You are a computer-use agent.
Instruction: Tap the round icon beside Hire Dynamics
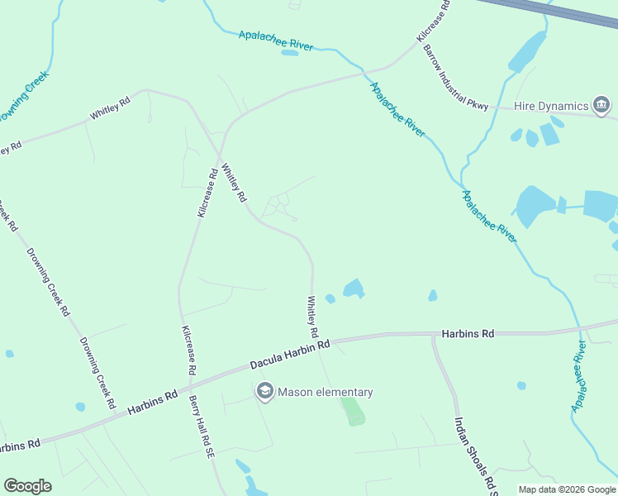pos(602,106)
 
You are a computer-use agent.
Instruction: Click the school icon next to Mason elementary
pos(265,393)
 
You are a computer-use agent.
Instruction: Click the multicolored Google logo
pos(27,486)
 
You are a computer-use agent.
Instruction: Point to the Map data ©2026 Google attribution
pos(567,489)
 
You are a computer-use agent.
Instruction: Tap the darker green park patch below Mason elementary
pos(353,412)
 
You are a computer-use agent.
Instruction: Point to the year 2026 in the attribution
pos(572,489)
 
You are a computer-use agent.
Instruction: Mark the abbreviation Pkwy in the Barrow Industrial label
pos(478,103)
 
